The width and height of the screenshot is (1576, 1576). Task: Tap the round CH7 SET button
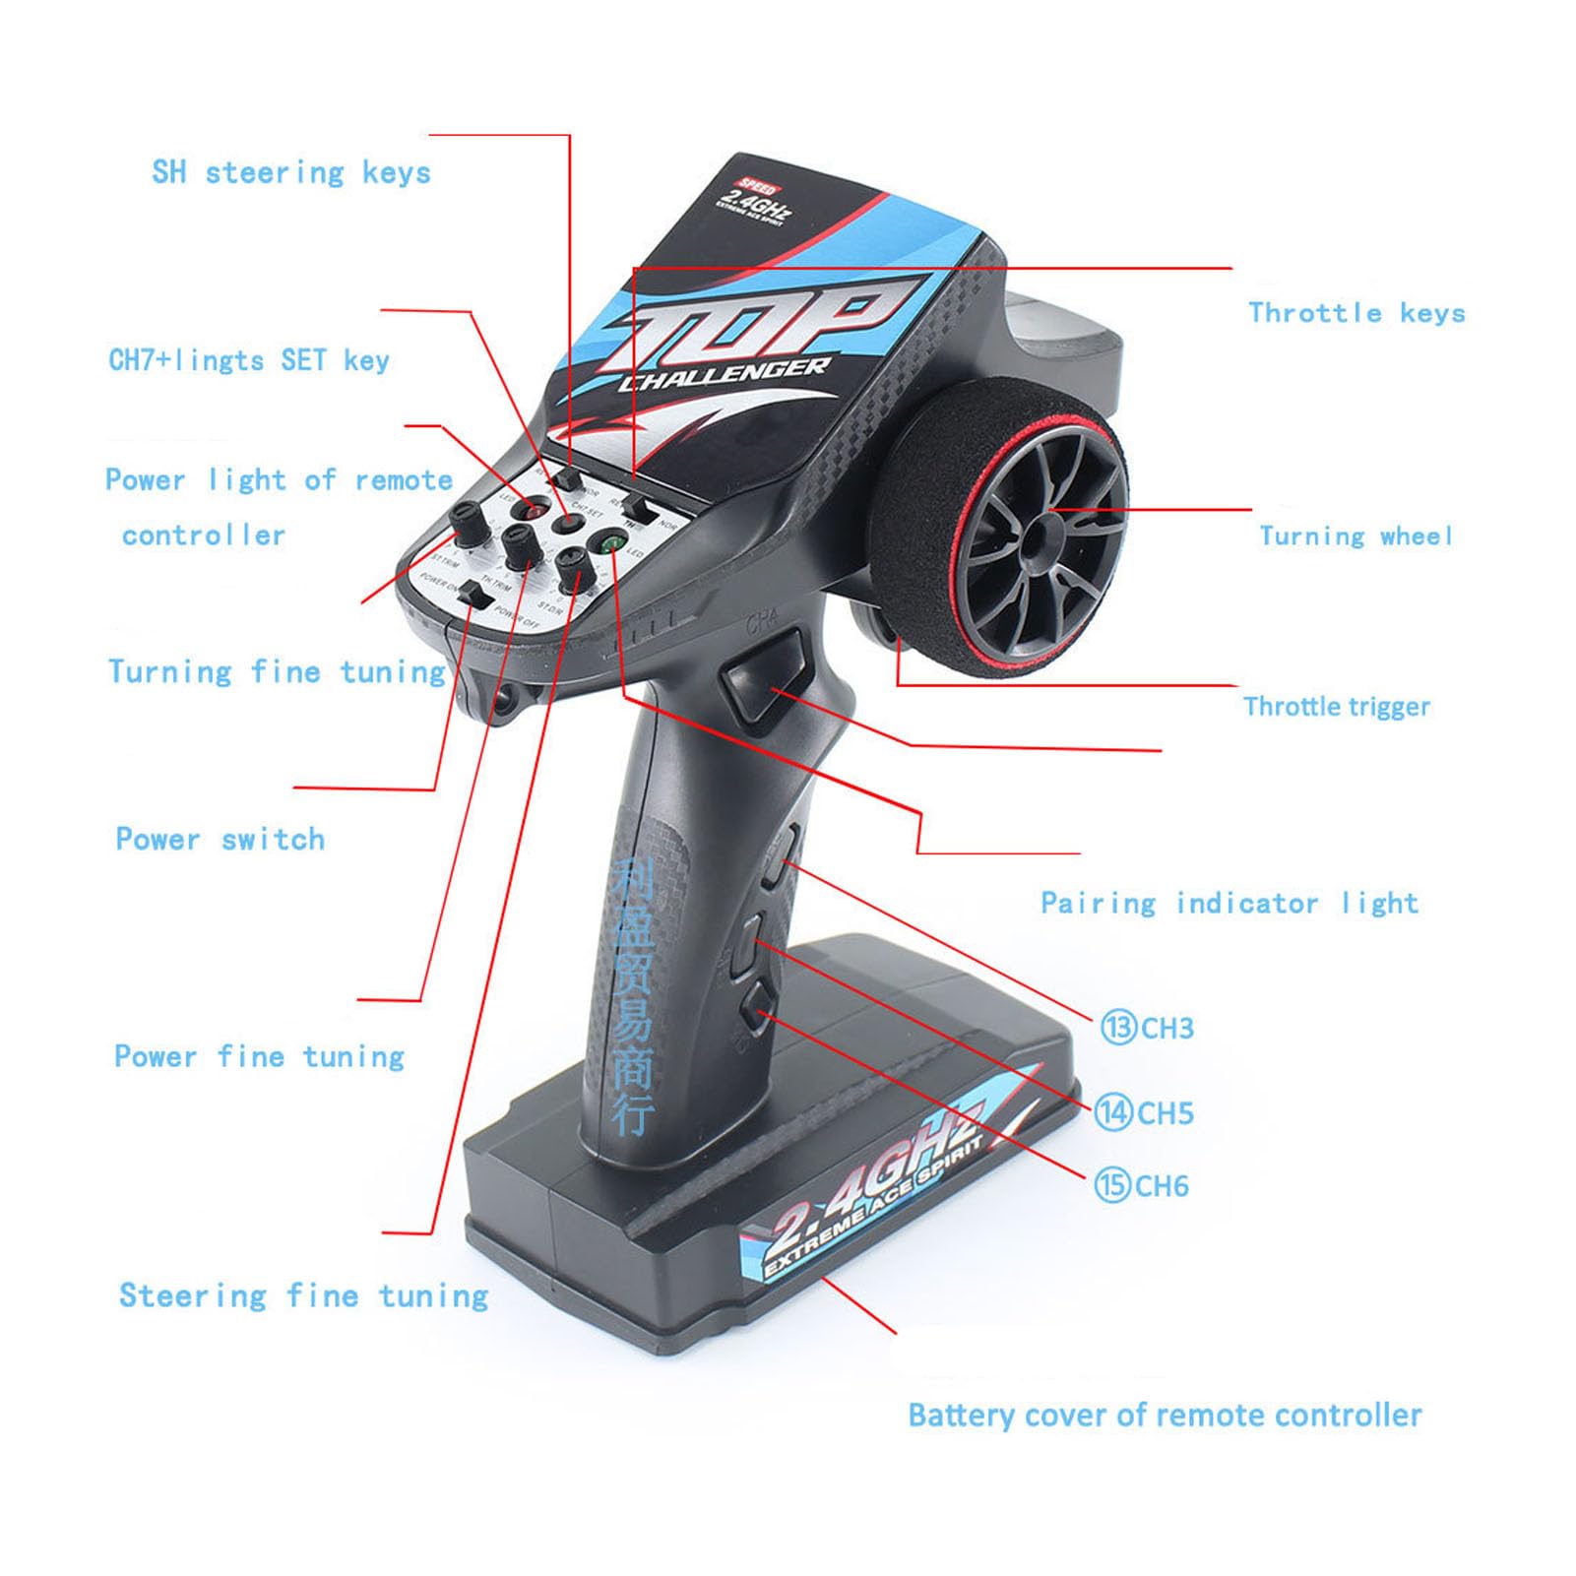pyautogui.click(x=565, y=523)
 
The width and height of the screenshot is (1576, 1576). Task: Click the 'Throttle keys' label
pyautogui.click(x=1356, y=313)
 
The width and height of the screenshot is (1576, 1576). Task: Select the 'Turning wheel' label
pyautogui.click(x=1355, y=536)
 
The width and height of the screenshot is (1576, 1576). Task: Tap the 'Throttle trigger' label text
pyautogui.click(x=1336, y=707)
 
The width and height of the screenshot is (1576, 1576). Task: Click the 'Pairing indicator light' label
pyautogui.click(x=1229, y=904)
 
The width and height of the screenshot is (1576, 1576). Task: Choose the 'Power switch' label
pyautogui.click(x=220, y=840)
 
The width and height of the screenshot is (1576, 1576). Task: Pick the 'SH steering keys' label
pyautogui.click(x=291, y=173)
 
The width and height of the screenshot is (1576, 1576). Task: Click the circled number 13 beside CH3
pyautogui.click(x=1118, y=1028)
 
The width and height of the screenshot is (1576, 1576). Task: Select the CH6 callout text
pyautogui.click(x=1162, y=1185)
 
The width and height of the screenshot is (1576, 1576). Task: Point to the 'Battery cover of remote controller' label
pyautogui.click(x=1165, y=1416)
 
